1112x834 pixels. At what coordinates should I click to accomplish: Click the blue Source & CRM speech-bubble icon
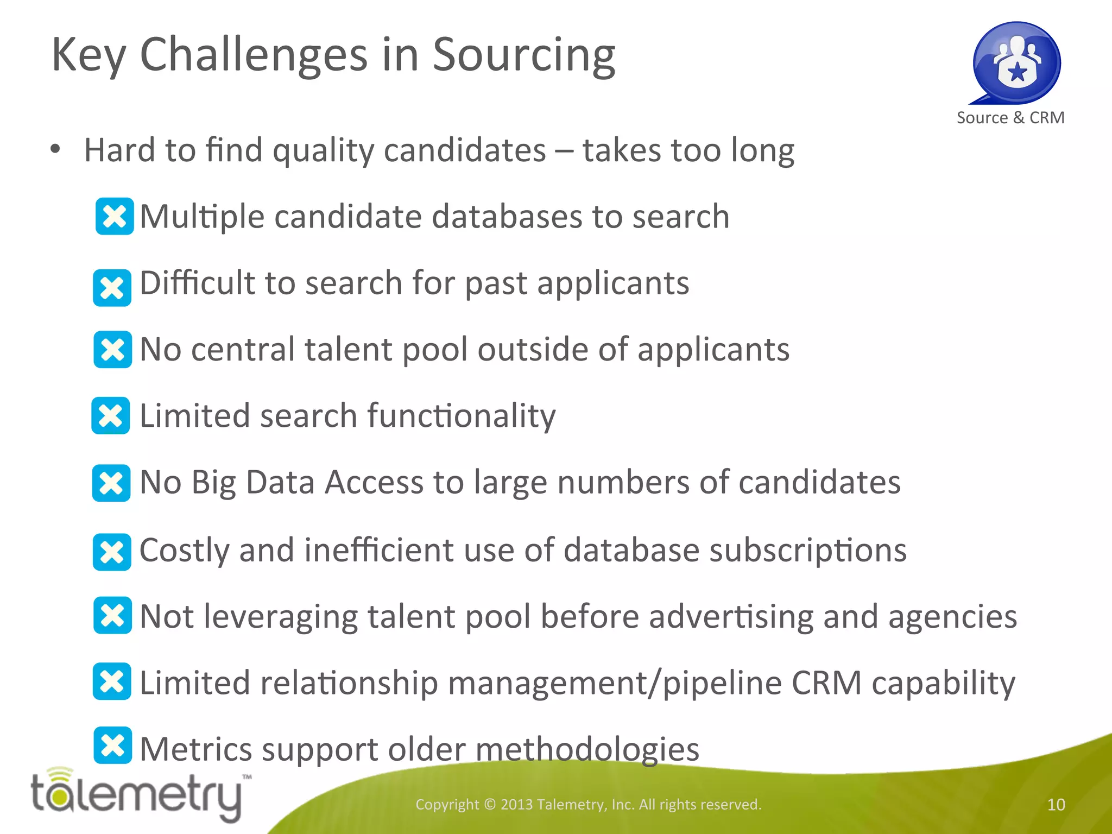pyautogui.click(x=1016, y=62)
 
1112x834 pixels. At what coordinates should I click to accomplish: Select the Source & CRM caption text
pyautogui.click(x=1010, y=118)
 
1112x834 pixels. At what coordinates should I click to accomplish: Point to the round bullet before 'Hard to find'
pyautogui.click(x=55, y=149)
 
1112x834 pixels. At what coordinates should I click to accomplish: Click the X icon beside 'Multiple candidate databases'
pyautogui.click(x=115, y=216)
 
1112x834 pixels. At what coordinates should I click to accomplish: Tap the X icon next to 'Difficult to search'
pyautogui.click(x=112, y=287)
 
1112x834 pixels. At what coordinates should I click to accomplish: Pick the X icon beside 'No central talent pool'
pyautogui.click(x=112, y=349)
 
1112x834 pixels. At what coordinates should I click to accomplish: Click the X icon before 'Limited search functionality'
pyautogui.click(x=111, y=415)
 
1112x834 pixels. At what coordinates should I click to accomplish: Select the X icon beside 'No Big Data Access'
pyautogui.click(x=111, y=483)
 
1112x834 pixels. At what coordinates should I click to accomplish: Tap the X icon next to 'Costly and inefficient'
pyautogui.click(x=112, y=552)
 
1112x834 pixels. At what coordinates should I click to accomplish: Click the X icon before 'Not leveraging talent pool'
pyautogui.click(x=112, y=615)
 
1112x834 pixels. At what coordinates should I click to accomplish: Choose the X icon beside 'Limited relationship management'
pyautogui.click(x=112, y=681)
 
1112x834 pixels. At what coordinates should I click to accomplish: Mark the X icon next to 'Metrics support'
pyautogui.click(x=112, y=745)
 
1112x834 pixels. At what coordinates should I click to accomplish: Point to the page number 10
pyautogui.click(x=1056, y=805)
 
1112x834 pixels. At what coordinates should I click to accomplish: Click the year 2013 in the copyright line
pyautogui.click(x=516, y=805)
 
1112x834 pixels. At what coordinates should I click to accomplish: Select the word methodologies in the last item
pyautogui.click(x=587, y=749)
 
